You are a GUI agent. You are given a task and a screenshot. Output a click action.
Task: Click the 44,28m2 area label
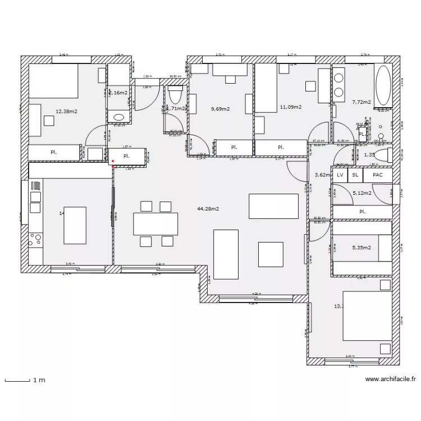click(x=208, y=209)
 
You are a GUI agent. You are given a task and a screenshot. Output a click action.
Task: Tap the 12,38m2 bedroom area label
click(x=66, y=112)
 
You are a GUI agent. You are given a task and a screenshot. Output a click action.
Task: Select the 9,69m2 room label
click(x=220, y=109)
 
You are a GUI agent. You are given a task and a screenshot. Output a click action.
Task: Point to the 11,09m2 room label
click(x=290, y=107)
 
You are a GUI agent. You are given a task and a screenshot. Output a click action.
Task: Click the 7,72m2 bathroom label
click(x=361, y=102)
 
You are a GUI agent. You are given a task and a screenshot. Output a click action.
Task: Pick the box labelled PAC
click(x=378, y=175)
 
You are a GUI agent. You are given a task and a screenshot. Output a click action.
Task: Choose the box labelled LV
click(x=340, y=175)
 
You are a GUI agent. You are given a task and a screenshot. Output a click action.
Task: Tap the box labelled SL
click(x=355, y=175)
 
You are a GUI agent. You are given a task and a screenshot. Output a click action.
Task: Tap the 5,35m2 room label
click(x=361, y=247)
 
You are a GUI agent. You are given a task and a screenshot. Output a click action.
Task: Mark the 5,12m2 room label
click(x=361, y=193)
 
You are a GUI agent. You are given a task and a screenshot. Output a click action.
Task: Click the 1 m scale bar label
click(x=39, y=381)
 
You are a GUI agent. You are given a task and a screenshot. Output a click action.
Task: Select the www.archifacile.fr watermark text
click(x=390, y=379)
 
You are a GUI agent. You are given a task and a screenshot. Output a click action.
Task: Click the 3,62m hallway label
click(x=322, y=175)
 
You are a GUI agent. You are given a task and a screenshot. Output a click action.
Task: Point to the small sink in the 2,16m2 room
click(x=118, y=117)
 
